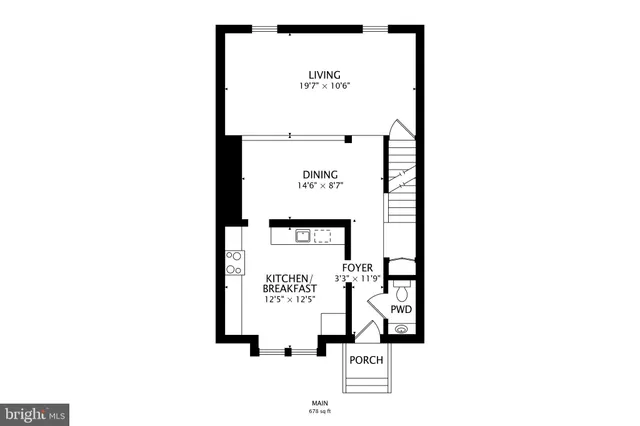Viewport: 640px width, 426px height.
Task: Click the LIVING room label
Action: pyautogui.click(x=323, y=74)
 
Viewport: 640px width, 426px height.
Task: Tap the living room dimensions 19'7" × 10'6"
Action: pyautogui.click(x=323, y=86)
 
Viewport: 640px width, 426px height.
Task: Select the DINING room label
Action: pyautogui.click(x=317, y=173)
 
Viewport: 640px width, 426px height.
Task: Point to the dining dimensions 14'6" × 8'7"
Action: pyautogui.click(x=317, y=185)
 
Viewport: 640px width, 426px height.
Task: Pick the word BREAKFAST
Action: pyautogui.click(x=289, y=288)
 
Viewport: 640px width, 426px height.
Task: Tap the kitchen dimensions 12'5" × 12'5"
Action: pyautogui.click(x=289, y=299)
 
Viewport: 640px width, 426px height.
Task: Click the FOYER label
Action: pyautogui.click(x=357, y=268)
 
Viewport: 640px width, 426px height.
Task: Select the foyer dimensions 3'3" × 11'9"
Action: pyautogui.click(x=357, y=279)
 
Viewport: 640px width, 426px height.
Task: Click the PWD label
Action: pyautogui.click(x=401, y=310)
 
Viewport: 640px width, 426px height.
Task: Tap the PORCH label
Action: pyautogui.click(x=366, y=360)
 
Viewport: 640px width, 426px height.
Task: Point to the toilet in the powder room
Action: pyautogui.click(x=401, y=291)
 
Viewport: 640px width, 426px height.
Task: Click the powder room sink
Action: pyautogui.click(x=403, y=328)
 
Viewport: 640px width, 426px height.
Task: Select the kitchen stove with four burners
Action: pyautogui.click(x=234, y=262)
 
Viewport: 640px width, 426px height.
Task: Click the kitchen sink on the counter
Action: pyautogui.click(x=301, y=236)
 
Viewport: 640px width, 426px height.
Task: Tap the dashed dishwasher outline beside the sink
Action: pyautogui.click(x=323, y=236)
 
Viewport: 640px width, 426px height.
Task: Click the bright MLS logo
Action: pyautogui.click(x=35, y=413)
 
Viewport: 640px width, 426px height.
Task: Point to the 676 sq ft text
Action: pyautogui.click(x=320, y=411)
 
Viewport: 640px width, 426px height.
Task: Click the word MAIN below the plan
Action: pyautogui.click(x=320, y=404)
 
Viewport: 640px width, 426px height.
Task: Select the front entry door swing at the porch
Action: pyautogui.click(x=367, y=333)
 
